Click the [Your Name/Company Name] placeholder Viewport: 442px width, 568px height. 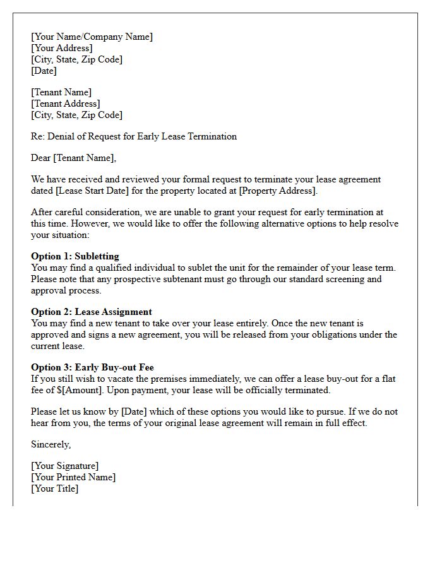click(92, 37)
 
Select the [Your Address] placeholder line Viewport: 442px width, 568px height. click(62, 48)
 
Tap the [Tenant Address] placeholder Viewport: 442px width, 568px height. click(66, 104)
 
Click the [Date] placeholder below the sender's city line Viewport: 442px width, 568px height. click(44, 71)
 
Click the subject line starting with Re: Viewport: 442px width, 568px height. click(134, 136)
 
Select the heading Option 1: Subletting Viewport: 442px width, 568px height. click(75, 256)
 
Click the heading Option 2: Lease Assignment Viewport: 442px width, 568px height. click(92, 312)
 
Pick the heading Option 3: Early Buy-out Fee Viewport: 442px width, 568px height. click(92, 367)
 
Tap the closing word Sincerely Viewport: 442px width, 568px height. click(51, 444)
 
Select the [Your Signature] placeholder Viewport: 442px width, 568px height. click(65, 466)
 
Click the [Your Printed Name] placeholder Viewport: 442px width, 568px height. click(73, 477)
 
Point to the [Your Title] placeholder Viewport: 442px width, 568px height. click(55, 488)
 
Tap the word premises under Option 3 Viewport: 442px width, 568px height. click(182, 379)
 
